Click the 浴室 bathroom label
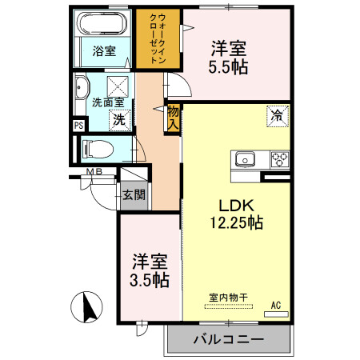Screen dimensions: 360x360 (104, 52)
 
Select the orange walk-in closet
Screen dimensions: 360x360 (158, 38)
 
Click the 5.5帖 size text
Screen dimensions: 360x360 (230, 67)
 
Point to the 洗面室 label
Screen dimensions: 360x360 (106, 102)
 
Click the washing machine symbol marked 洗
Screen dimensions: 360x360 (118, 119)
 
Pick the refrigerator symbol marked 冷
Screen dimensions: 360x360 (277, 115)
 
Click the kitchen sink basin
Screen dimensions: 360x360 (243, 158)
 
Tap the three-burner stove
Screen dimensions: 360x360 (279, 158)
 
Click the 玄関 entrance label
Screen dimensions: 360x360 (133, 194)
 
